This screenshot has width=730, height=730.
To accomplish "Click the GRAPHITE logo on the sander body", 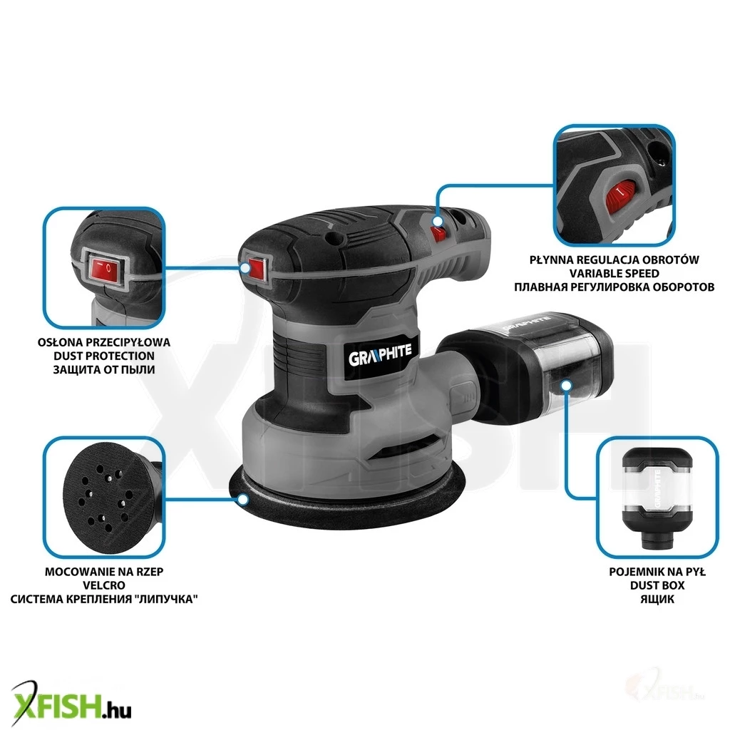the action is (x=380, y=356).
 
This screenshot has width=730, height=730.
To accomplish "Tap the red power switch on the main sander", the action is (x=256, y=268).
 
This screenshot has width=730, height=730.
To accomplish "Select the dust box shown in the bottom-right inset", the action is (x=657, y=498).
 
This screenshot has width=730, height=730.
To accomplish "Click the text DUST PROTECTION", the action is (x=104, y=356).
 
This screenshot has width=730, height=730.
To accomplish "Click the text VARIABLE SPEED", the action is (x=614, y=273).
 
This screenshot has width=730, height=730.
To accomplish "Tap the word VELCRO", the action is (x=104, y=585).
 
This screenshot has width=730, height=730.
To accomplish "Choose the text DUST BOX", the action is (x=657, y=585).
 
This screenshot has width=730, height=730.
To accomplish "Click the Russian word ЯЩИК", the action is (x=657, y=599).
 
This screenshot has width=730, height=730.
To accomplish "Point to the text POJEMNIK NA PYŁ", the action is (x=657, y=572).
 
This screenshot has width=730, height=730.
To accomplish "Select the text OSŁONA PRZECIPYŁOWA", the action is (x=104, y=342).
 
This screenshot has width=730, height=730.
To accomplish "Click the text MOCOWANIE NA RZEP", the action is (x=104, y=572).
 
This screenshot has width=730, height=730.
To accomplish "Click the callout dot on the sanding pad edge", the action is (x=242, y=500).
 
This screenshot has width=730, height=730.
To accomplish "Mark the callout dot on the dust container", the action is (x=566, y=386).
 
